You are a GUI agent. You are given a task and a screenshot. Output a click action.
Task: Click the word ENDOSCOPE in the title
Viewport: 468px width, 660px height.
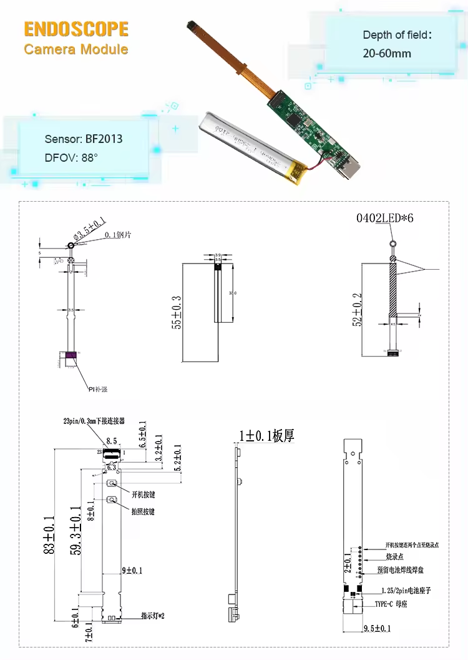tap(76, 29)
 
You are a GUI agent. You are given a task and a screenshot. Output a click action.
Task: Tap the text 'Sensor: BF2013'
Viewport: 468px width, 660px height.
tap(84, 139)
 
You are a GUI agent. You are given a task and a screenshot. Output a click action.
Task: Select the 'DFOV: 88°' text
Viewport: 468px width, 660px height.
tap(71, 158)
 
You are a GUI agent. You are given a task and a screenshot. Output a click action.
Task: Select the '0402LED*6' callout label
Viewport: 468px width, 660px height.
tap(385, 219)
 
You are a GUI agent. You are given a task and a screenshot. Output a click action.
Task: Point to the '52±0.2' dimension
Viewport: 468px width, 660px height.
tap(357, 310)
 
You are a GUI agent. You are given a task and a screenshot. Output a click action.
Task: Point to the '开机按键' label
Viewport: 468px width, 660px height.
tap(143, 495)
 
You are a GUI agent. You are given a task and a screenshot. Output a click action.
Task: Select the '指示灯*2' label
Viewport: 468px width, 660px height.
tap(152, 616)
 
